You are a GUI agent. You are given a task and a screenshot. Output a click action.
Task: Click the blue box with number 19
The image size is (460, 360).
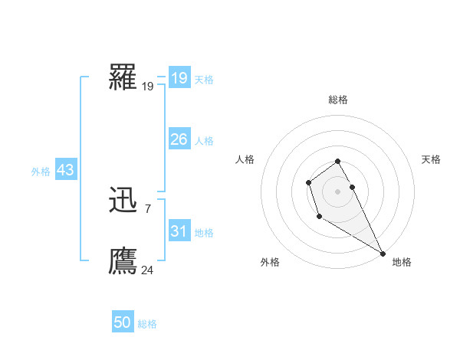pos(179,78)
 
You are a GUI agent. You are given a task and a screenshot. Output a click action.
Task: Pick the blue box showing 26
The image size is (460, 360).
pos(179,139)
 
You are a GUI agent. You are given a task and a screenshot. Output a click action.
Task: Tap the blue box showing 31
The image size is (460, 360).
pos(179,231)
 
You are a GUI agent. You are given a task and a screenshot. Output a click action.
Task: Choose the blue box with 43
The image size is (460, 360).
pos(65,170)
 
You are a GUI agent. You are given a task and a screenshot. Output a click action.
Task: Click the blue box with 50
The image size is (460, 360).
pos(123,322)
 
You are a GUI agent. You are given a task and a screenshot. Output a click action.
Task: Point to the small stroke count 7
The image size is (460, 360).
pos(147,208)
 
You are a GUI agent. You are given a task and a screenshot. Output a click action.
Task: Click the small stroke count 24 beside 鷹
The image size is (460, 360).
pos(148,270)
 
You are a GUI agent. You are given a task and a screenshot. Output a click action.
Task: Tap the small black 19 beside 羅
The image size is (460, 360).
pos(148,87)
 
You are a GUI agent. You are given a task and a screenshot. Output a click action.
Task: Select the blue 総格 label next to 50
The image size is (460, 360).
pos(147,324)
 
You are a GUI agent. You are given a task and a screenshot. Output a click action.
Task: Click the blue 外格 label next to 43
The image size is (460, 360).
pos(41,172)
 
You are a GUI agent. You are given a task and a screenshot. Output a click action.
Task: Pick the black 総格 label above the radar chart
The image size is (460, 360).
pos(337,100)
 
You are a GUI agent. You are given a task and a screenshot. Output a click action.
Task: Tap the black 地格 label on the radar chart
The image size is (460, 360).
pos(402,262)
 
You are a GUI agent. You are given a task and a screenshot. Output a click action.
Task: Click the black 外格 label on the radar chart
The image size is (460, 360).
pos(270,262)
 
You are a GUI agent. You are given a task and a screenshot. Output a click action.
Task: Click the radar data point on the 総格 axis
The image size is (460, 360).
pos(337,161)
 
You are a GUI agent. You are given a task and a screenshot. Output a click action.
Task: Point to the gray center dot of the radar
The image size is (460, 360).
pos(337,191)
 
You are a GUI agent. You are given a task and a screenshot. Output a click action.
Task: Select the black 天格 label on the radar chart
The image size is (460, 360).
pos(431,159)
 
